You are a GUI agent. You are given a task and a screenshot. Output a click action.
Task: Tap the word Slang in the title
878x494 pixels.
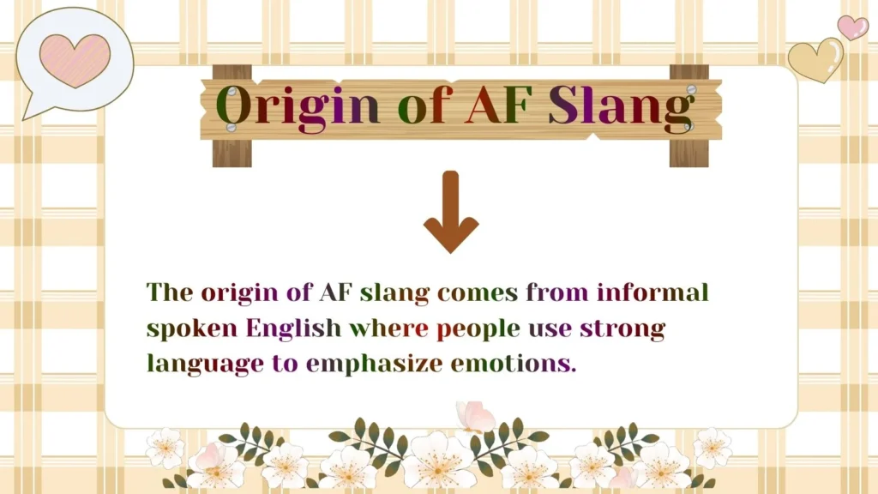620,106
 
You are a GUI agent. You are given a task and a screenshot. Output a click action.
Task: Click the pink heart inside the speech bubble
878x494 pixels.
75,60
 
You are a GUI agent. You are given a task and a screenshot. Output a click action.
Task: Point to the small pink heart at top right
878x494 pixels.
851,27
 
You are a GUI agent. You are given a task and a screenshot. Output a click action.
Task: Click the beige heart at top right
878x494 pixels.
815,59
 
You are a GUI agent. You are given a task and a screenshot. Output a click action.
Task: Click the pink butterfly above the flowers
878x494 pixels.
474,418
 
